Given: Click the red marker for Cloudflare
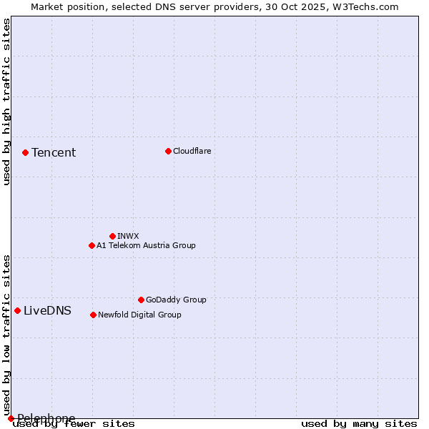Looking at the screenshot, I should coord(168,151).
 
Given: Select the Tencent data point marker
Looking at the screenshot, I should coord(25,152).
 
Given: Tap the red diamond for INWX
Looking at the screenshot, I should coord(112,236).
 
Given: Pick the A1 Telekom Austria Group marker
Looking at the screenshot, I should coord(92,245).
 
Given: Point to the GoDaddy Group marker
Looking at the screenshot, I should coord(141,300).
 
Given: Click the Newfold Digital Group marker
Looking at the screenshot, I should coord(93,315).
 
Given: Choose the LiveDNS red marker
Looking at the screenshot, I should coord(17,310).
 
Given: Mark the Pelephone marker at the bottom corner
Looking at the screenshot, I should coord(11,418).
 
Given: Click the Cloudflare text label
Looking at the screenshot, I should coord(192,151).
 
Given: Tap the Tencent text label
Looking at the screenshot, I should coord(54,152).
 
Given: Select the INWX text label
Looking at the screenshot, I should coord(128,236).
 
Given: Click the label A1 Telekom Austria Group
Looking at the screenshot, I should coord(146,245).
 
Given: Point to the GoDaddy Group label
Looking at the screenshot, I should coord(176,300).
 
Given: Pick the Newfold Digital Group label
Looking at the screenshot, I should coord(139,315).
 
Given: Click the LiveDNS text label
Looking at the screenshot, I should coord(47,310).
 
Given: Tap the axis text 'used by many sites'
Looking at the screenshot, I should coord(359,424).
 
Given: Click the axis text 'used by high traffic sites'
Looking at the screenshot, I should coord(6,102).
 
